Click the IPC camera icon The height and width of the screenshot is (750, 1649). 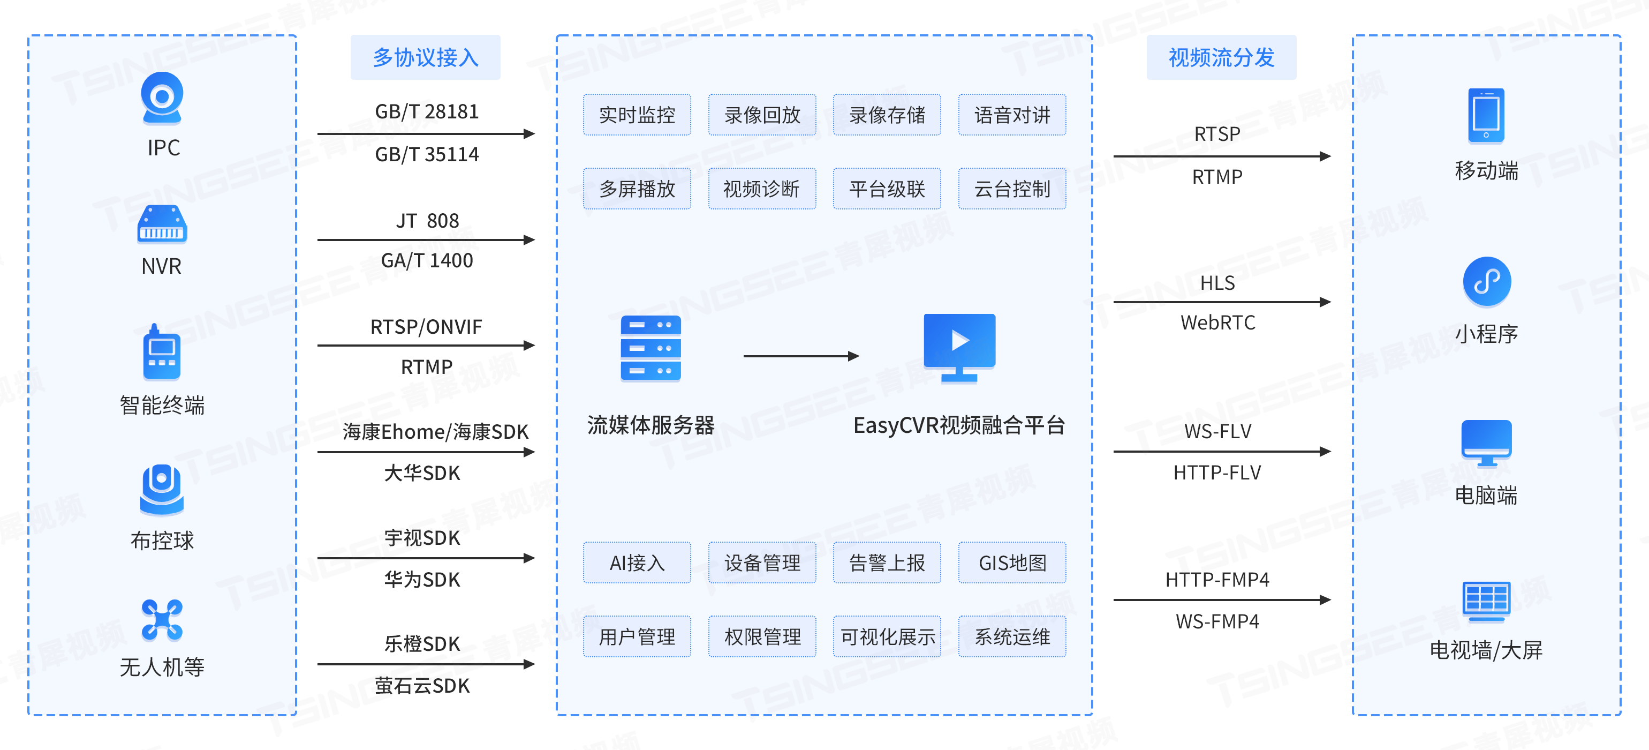point(162,98)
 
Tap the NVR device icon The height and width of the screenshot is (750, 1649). point(162,224)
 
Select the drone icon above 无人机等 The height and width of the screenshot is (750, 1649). point(162,620)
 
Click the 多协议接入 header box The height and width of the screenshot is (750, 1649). point(425,58)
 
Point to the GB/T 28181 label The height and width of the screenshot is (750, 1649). point(426,111)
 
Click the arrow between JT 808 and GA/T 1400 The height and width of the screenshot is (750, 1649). point(426,240)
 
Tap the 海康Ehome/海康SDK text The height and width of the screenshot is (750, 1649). point(435,432)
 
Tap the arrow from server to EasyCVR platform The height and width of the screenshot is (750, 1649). point(800,356)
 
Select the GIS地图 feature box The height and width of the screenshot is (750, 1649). point(1011,563)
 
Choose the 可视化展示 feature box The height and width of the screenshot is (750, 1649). point(887,636)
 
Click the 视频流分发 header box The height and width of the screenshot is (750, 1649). point(1221,58)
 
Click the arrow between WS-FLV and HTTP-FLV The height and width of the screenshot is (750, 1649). point(1221,452)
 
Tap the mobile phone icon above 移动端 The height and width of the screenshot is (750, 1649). point(1486,116)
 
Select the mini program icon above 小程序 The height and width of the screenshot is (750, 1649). point(1486,282)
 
